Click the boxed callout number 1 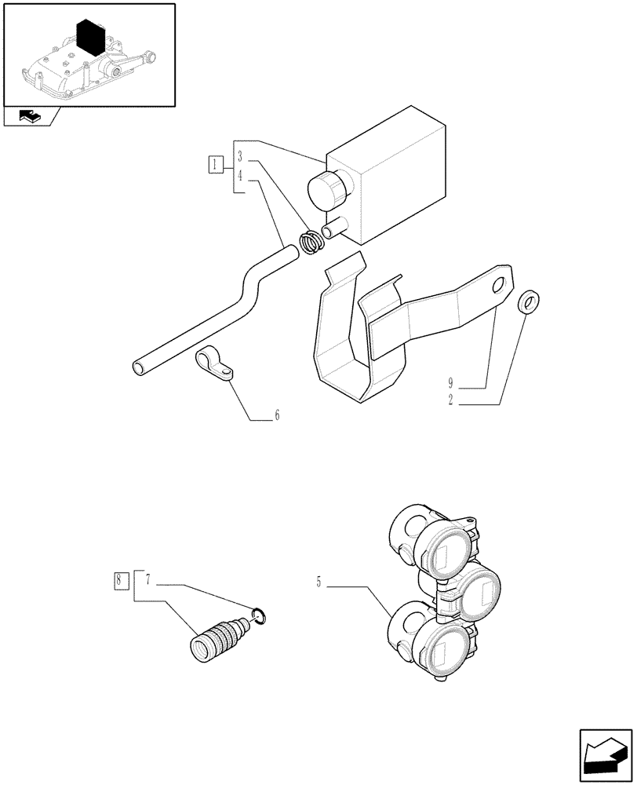click(215, 165)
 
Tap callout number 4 click(242, 176)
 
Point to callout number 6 click(276, 415)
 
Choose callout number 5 click(318, 582)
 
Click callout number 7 click(147, 584)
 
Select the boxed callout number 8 click(118, 582)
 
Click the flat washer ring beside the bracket click(531, 301)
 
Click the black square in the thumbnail click(92, 37)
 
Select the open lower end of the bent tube click(140, 367)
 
